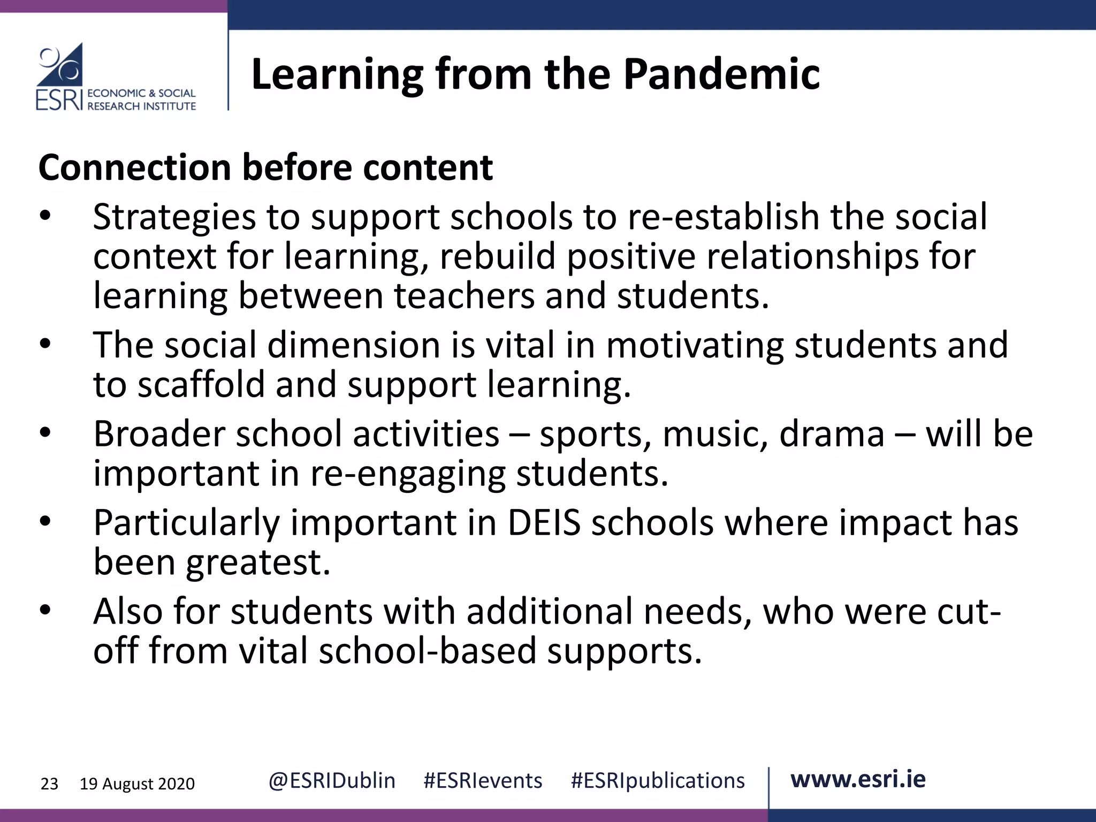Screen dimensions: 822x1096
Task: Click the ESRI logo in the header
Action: click(x=115, y=77)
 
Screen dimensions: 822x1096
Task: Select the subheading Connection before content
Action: click(x=265, y=168)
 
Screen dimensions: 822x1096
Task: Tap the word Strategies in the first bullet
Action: click(x=174, y=217)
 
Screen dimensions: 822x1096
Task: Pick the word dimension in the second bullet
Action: click(x=353, y=345)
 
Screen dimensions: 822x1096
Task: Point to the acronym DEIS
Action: click(x=544, y=522)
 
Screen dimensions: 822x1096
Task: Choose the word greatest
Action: click(x=258, y=562)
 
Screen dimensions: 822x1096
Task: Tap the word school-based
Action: click(x=427, y=651)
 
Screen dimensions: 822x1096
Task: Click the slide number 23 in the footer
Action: click(x=49, y=784)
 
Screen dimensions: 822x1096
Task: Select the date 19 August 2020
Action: click(x=137, y=784)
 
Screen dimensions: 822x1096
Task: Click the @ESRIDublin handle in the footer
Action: click(x=332, y=781)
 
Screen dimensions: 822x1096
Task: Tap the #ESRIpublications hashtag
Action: click(x=658, y=781)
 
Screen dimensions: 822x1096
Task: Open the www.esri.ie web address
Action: click(x=858, y=780)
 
